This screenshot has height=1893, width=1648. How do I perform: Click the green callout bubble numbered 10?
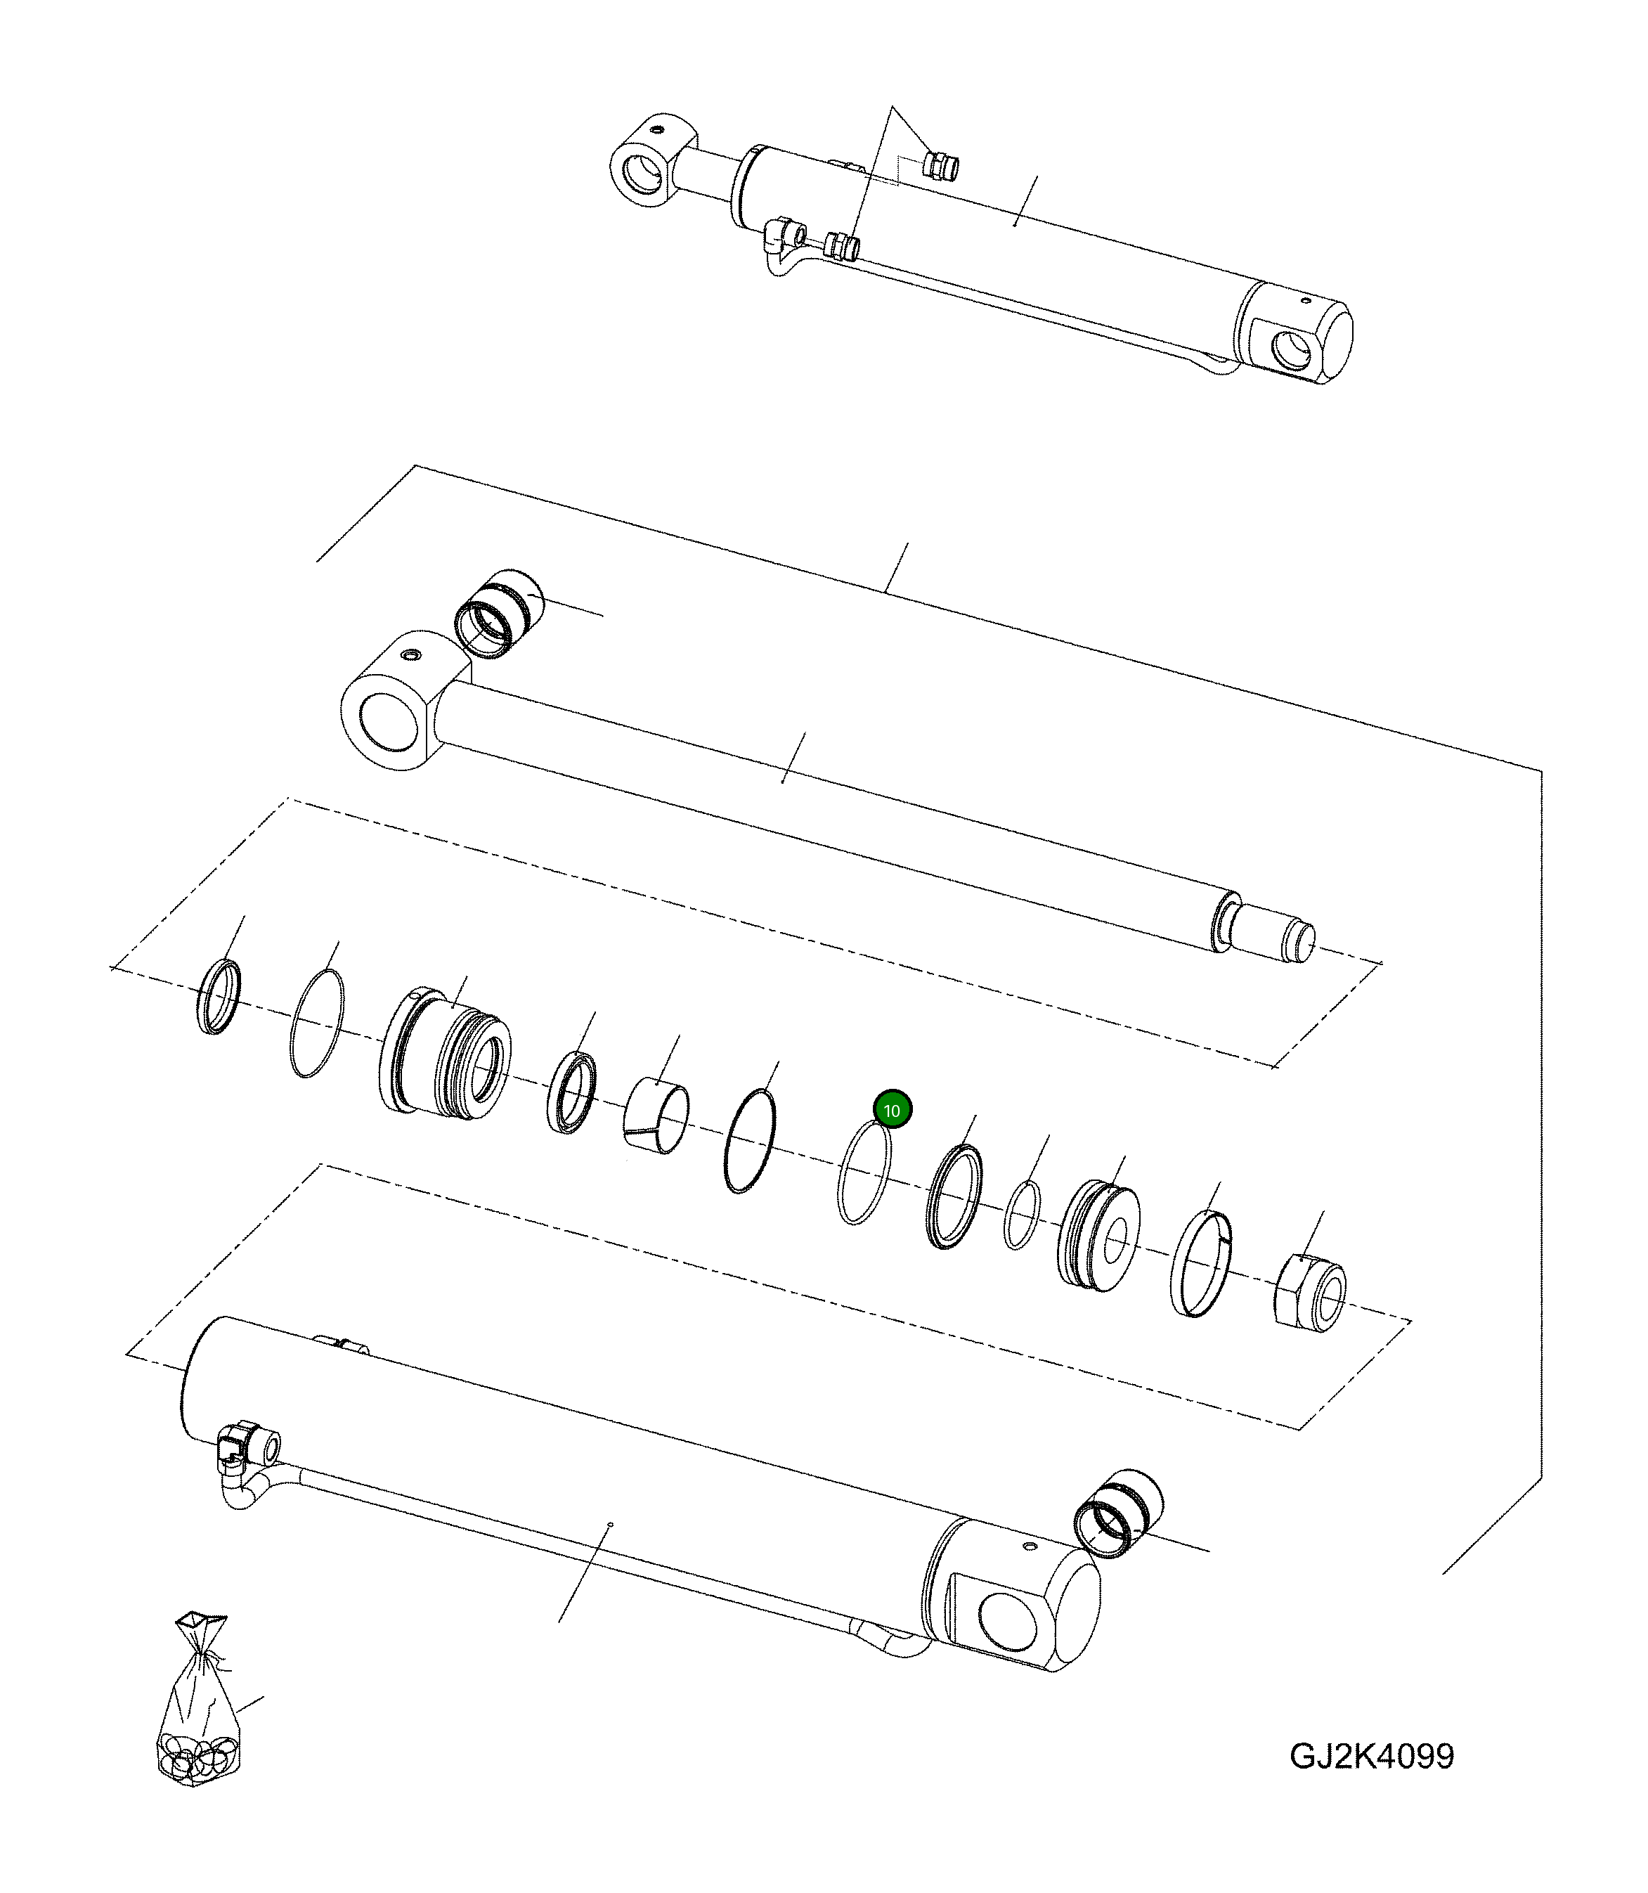(891, 1110)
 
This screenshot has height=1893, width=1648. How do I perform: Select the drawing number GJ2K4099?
(1371, 1756)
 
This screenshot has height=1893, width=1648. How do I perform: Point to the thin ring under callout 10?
(864, 1175)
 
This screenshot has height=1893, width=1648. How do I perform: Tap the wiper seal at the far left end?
(219, 996)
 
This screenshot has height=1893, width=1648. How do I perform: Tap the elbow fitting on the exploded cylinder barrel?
(241, 1443)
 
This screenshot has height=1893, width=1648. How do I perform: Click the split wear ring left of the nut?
(1201, 1265)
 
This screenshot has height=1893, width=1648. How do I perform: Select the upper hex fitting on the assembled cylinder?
(940, 167)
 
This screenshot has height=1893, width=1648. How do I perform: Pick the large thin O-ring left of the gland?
(316, 1022)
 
